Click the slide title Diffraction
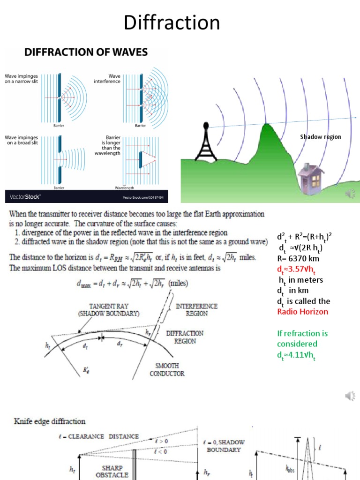pos(172,22)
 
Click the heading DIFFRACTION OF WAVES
pos(86,52)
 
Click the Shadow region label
pos(321,137)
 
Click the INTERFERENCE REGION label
pos(196,309)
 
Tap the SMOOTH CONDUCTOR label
pos(167,369)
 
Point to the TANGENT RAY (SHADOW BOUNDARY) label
pos(109,309)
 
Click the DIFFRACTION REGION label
pos(185,337)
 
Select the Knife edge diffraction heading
pos(49,421)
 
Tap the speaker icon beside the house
pos(349,194)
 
